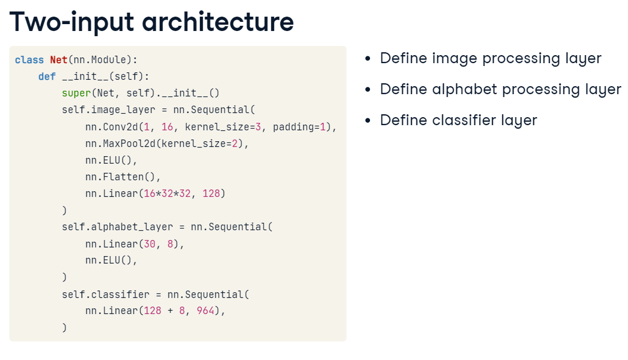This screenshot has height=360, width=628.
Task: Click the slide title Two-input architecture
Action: tap(152, 21)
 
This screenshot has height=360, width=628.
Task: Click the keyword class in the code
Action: tap(29, 60)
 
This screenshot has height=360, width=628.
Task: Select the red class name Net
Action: tap(59, 60)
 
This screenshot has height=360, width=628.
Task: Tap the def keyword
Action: tap(47, 76)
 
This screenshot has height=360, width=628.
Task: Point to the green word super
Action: tap(74, 93)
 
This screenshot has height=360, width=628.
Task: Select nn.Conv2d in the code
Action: tap(109, 127)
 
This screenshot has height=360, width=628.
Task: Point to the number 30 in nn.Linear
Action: tap(149, 244)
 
